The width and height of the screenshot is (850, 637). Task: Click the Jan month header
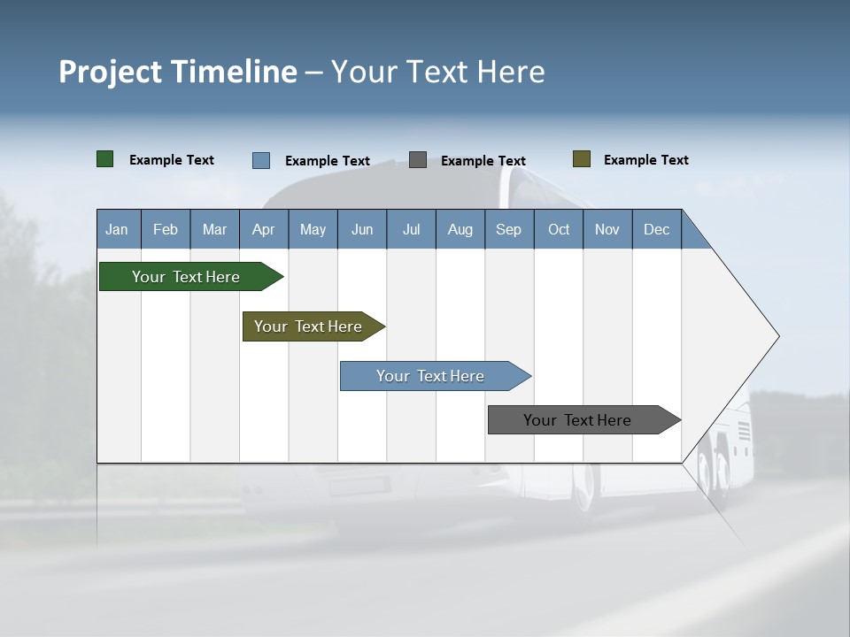[118, 229]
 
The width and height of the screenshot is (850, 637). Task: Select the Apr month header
[264, 229]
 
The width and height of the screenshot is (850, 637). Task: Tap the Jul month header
[411, 229]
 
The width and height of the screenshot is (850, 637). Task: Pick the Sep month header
[508, 229]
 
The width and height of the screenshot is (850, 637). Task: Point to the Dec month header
[656, 229]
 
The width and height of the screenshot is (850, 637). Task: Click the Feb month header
[166, 229]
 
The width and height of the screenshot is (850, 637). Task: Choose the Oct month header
[559, 229]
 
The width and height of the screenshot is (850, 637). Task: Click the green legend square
[105, 159]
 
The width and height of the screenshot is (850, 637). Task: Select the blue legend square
[261, 160]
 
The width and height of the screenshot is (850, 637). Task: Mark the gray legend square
[418, 160]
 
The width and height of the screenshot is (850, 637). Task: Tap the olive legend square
[582, 159]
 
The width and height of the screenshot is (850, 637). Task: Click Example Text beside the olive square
[645, 160]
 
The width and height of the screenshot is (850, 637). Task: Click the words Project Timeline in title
[178, 72]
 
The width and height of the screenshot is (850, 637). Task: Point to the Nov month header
[607, 229]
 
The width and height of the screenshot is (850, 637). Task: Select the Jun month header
[362, 229]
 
